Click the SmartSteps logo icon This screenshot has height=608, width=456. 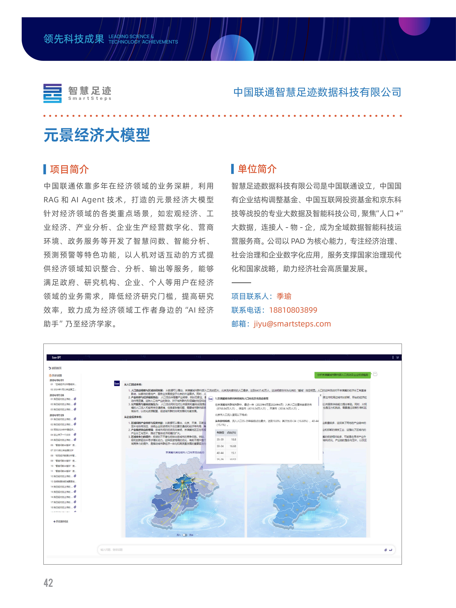52,93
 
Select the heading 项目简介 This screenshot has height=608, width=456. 69,169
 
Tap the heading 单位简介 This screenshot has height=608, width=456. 257,169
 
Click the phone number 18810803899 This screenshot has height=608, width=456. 293,310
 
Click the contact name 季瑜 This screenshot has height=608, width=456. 284,296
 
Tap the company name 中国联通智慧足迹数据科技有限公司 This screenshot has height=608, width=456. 317,92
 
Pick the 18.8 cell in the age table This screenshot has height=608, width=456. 233,439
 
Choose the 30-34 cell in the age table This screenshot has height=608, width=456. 220,446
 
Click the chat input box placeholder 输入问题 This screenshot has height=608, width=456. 112,550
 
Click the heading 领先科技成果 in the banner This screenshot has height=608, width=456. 74,39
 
